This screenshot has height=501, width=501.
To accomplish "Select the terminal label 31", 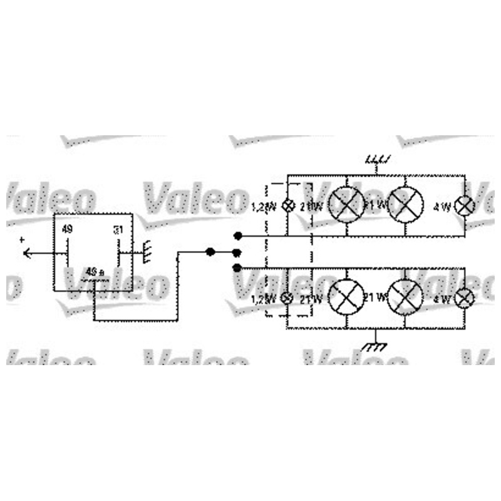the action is click(x=118, y=230).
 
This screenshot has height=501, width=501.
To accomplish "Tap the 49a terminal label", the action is click(x=95, y=272).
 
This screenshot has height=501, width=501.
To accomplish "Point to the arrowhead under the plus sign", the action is click(x=27, y=252).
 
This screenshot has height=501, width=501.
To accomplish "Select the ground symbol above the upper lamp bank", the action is click(x=376, y=162).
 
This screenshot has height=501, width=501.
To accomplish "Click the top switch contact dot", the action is click(x=238, y=237).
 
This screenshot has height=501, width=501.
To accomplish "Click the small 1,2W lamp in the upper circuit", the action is click(x=288, y=205).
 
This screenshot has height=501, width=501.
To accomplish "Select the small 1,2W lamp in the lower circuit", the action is click(x=288, y=299).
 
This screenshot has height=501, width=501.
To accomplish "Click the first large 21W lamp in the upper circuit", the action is click(x=346, y=205).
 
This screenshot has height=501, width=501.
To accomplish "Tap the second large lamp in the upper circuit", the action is click(x=405, y=204).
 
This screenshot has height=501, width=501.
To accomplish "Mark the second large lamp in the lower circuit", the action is click(x=405, y=297).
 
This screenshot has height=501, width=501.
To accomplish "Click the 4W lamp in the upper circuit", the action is click(x=464, y=205).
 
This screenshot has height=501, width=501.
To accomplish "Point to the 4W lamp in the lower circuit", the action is click(x=464, y=299).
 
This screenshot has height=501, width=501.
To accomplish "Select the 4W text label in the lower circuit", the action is click(x=442, y=299).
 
